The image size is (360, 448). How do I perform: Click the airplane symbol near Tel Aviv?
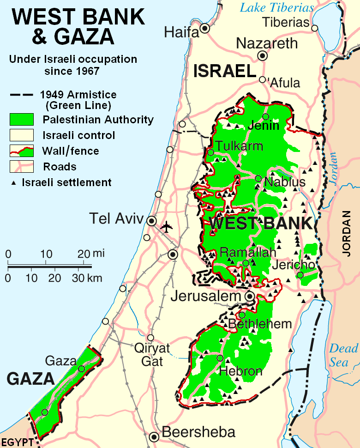tap(167, 227)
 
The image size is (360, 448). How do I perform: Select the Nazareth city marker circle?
tap(263, 56)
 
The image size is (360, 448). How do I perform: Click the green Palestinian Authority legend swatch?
tap(21, 120)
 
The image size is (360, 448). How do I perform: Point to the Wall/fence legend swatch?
tap(21, 151)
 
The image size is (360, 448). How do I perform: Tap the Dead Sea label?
tap(343, 355)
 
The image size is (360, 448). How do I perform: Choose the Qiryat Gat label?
tap(152, 354)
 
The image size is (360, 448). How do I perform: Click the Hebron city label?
tap(241, 371)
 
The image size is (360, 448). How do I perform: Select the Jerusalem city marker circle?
tap(250, 296)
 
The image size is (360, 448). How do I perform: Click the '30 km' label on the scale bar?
tap(87, 278)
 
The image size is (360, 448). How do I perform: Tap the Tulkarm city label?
tap(240, 146)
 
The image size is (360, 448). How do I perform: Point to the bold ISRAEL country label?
tap(225, 71)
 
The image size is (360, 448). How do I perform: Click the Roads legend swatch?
tap(21, 166)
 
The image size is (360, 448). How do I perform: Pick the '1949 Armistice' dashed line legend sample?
tap(21, 95)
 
